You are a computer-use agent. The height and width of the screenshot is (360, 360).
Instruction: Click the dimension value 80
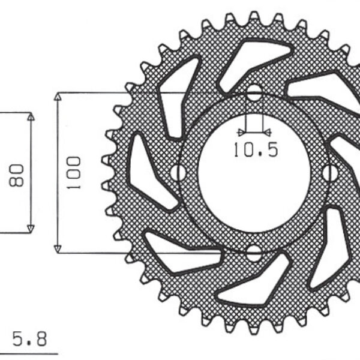(x=17, y=173)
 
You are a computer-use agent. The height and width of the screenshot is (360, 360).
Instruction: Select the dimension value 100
(x=74, y=173)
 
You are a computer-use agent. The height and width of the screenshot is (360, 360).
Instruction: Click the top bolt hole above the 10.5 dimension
(x=254, y=94)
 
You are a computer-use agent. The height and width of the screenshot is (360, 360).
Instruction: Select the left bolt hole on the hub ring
(x=178, y=173)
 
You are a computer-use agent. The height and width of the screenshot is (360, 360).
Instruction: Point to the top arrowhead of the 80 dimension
(x=31, y=116)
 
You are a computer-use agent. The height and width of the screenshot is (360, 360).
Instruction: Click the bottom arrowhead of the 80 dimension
(x=31, y=228)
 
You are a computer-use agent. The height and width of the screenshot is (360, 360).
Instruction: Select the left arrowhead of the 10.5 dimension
(x=242, y=132)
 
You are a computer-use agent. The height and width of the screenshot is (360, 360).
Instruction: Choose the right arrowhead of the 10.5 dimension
(x=266, y=132)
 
